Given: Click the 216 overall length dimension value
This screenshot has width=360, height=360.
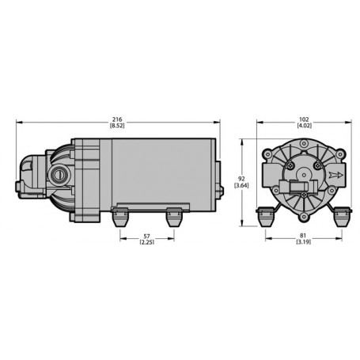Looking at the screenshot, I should [x=118, y=119].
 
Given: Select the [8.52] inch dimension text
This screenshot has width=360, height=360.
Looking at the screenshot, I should [x=118, y=126].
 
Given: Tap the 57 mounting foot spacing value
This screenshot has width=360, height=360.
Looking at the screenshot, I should [x=146, y=237].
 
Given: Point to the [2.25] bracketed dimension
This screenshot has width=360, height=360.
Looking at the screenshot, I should [x=146, y=244].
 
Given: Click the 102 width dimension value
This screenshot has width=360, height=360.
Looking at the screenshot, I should [x=303, y=119].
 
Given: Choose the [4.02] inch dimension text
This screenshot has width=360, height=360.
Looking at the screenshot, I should [x=303, y=126].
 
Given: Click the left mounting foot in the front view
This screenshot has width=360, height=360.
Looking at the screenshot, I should [x=266, y=214].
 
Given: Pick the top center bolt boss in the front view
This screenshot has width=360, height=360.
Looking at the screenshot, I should [x=302, y=145].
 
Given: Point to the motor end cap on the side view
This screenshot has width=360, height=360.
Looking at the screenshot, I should [x=215, y=176].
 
